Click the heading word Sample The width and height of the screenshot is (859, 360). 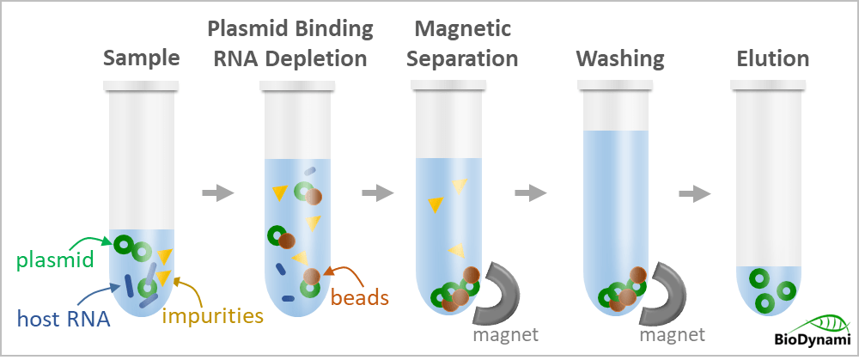pyautogui.click(x=141, y=59)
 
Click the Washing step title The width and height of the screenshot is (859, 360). pyautogui.click(x=619, y=59)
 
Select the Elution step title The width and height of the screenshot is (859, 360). pyautogui.click(x=772, y=59)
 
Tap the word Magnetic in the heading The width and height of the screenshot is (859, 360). pyautogui.click(x=462, y=29)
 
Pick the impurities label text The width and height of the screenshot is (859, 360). pyautogui.click(x=212, y=314)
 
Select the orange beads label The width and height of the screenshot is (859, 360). pyautogui.click(x=360, y=298)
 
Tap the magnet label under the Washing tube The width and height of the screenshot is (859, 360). pyautogui.click(x=672, y=333)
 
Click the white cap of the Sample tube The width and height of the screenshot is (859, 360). pyautogui.click(x=142, y=86)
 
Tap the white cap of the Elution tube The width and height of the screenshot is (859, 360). pyautogui.click(x=769, y=86)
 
